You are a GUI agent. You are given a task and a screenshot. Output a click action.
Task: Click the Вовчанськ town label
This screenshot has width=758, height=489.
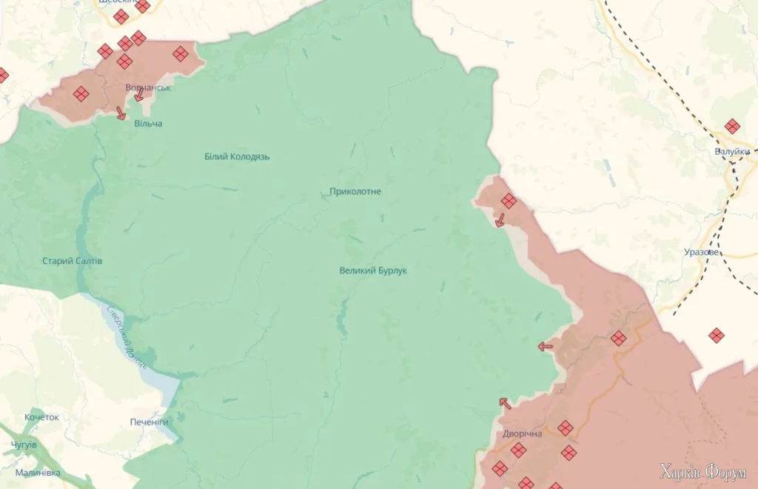148,87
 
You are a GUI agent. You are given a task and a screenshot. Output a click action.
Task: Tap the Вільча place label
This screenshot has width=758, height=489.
148,124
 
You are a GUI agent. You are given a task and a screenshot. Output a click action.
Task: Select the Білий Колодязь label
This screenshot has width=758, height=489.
237,157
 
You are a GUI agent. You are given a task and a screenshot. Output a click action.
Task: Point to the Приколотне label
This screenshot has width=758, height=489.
355,192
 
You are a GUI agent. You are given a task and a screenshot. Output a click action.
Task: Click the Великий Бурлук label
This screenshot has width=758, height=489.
373,270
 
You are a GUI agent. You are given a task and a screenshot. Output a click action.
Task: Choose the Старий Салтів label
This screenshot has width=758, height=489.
72,261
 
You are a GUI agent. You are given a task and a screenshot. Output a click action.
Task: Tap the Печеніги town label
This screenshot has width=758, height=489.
149,422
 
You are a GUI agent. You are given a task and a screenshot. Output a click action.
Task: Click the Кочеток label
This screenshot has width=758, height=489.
41,417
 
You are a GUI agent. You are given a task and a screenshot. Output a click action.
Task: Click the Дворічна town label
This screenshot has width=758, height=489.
522,433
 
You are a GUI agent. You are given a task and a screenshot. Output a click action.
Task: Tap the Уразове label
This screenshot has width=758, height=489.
700,253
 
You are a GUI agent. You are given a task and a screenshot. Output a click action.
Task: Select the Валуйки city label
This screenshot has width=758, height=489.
732,152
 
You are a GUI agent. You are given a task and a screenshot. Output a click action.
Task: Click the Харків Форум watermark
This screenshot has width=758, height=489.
703,472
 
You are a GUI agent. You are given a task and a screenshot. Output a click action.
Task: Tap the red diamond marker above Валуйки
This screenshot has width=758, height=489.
732,127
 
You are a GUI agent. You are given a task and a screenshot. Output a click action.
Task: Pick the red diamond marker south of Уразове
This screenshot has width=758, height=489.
716,336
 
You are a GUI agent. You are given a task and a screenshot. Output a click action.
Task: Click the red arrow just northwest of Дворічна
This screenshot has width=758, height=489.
505,403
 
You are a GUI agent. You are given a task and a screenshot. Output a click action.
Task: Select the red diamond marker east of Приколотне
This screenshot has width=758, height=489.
509,201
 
